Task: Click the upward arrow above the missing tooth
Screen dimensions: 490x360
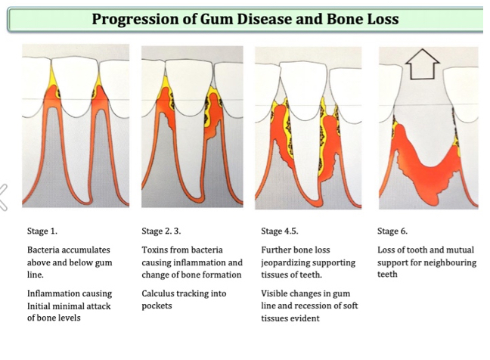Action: pyautogui.click(x=422, y=64)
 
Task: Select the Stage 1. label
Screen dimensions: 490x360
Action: pyautogui.click(x=42, y=231)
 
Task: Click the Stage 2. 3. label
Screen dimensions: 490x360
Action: pyautogui.click(x=161, y=231)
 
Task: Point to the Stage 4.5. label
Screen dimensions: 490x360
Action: pyautogui.click(x=280, y=231)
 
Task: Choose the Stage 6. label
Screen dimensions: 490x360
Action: pyautogui.click(x=392, y=231)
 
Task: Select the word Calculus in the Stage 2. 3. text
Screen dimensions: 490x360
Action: pyautogui.click(x=159, y=293)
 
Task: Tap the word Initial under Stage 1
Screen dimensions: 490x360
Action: pyautogui.click(x=38, y=306)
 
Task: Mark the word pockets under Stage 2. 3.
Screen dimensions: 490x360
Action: pyautogui.click(x=157, y=306)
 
